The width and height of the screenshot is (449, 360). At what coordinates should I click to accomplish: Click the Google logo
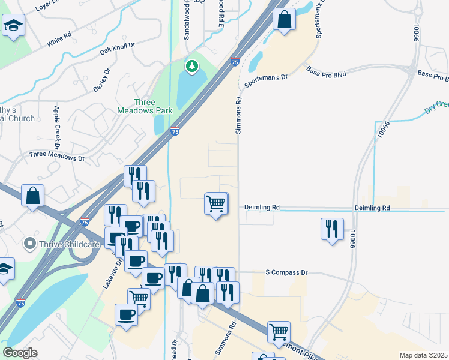20,353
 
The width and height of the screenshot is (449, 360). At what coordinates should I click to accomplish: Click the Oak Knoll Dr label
118,50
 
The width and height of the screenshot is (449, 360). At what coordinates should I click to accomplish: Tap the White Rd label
59,39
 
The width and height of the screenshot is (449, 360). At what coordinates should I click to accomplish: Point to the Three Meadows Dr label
57,157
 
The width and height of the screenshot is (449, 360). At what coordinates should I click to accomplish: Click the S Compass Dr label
286,272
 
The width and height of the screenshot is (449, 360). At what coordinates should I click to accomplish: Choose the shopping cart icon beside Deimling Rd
215,203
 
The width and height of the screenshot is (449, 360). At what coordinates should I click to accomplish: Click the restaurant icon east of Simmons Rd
331,229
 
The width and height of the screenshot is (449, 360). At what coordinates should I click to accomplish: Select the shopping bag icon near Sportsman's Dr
284,19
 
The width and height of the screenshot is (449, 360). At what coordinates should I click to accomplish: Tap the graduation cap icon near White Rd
12,26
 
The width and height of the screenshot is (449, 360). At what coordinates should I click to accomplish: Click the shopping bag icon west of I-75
32,196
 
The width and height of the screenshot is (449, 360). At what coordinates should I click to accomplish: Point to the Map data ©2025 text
423,355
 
